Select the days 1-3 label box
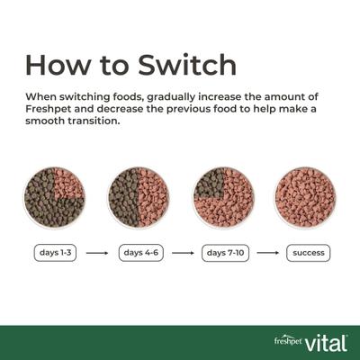pyautogui.click(x=55, y=253)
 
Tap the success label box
pyautogui.click(x=307, y=253)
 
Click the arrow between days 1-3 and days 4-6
pyautogui.click(x=97, y=253)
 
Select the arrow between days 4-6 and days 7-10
pyautogui.click(x=182, y=253)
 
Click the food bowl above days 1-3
pyautogui.click(x=54, y=197)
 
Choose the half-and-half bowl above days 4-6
pyautogui.click(x=139, y=197)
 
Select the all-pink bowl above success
pyautogui.click(x=305, y=197)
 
